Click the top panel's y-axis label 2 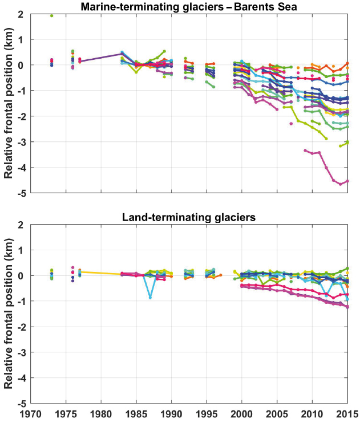[x=20, y=14]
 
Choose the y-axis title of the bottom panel [x=8, y=314]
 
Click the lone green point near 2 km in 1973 [x=51, y=15]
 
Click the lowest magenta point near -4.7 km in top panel [x=341, y=184]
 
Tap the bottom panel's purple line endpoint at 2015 [x=347, y=307]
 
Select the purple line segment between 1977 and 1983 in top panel [x=100, y=57]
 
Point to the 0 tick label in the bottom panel [x=20, y=276]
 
